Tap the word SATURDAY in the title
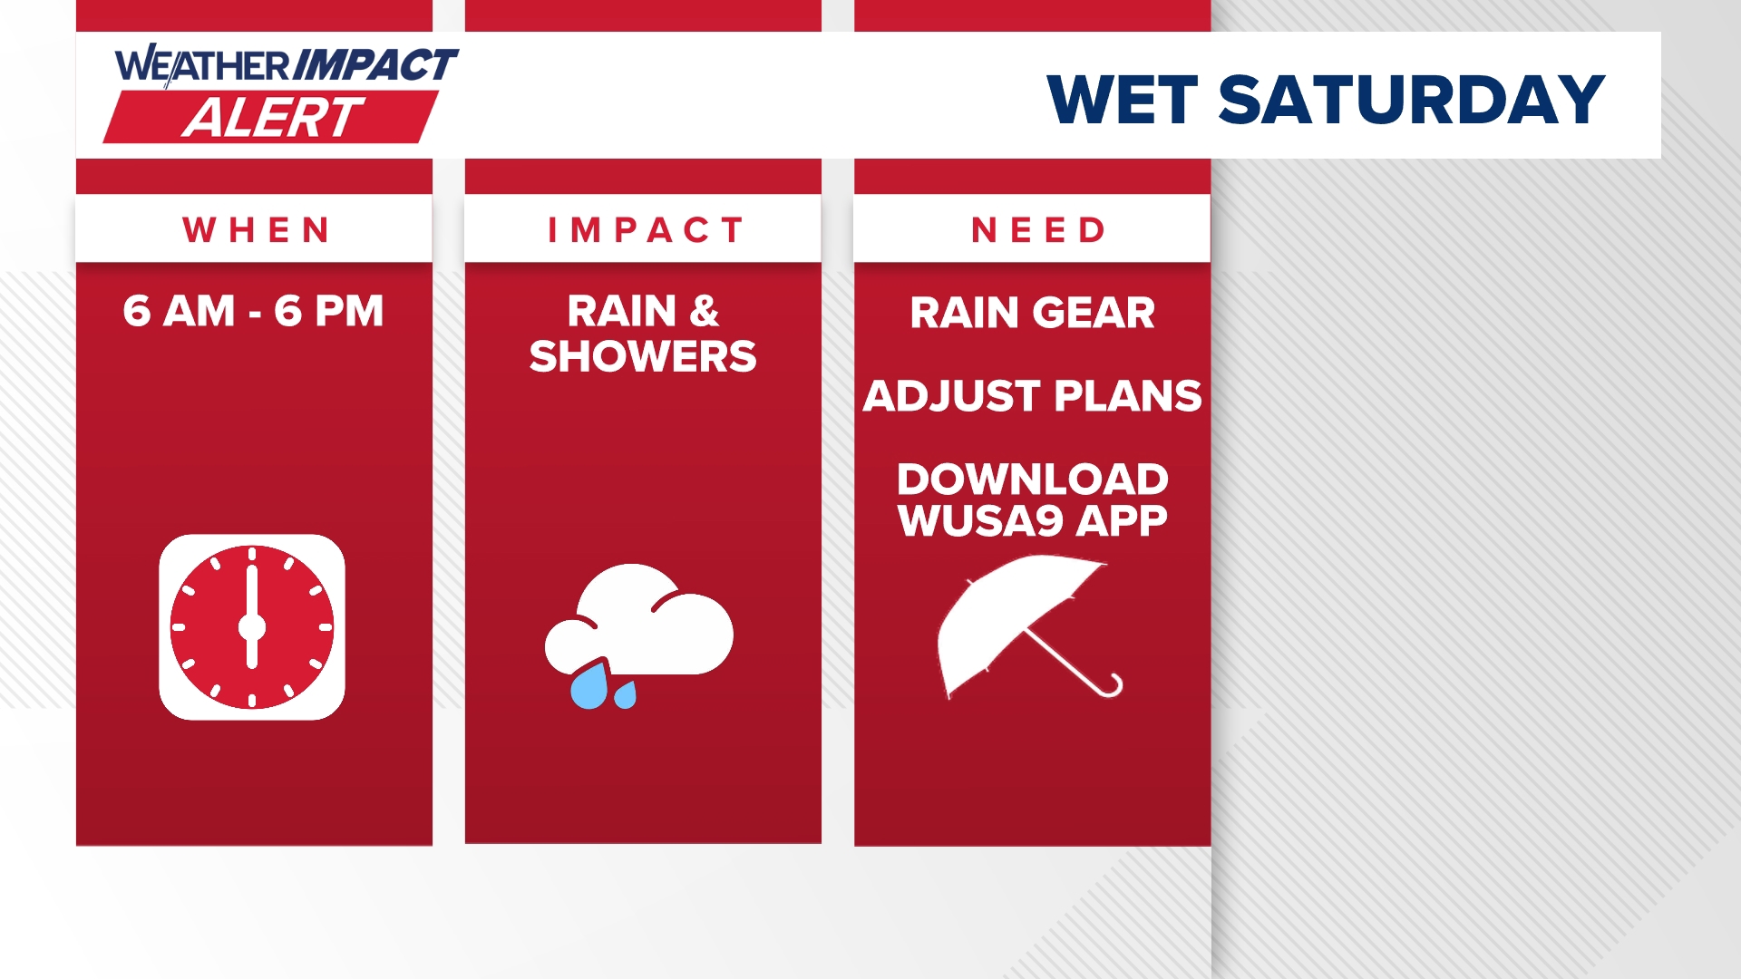pyautogui.click(x=1412, y=100)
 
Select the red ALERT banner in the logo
pyautogui.click(x=271, y=117)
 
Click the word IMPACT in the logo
pyautogui.click(x=375, y=65)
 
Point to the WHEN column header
pyautogui.click(x=257, y=230)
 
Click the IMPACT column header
pyautogui.click(x=646, y=230)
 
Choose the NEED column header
pyautogui.click(x=1039, y=230)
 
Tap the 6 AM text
pyautogui.click(x=180, y=311)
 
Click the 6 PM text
pyautogui.click(x=329, y=311)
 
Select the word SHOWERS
pyautogui.click(x=643, y=356)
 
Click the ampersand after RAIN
pyautogui.click(x=705, y=311)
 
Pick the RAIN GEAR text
pyautogui.click(x=1033, y=313)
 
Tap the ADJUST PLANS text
pyautogui.click(x=1033, y=396)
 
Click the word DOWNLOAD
pyautogui.click(x=1033, y=479)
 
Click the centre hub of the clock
pyautogui.click(x=252, y=627)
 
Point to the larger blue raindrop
pyautogui.click(x=589, y=686)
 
